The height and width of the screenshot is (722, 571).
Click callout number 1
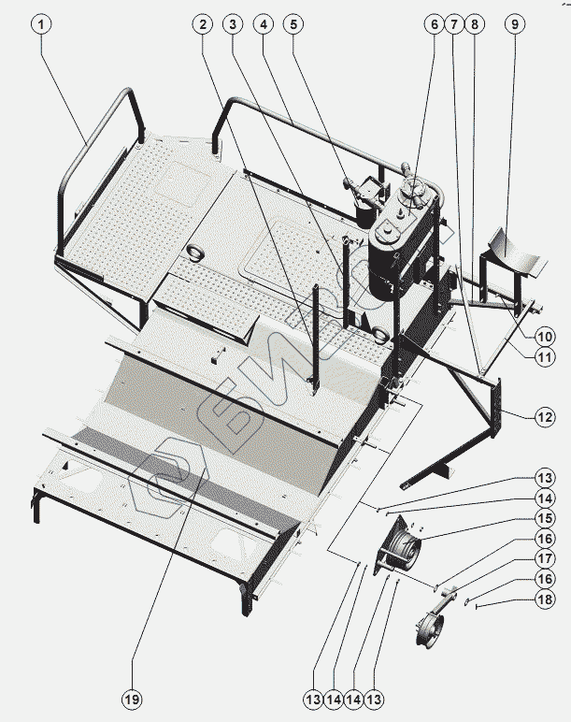40,24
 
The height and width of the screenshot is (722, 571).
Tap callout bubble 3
234,24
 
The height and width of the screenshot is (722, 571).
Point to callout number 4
265,24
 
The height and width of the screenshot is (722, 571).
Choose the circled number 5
293,24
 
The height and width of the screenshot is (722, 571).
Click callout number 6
433,24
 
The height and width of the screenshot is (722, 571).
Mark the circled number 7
453,24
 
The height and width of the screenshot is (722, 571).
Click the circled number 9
513,24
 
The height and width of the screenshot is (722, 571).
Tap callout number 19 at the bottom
133,697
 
